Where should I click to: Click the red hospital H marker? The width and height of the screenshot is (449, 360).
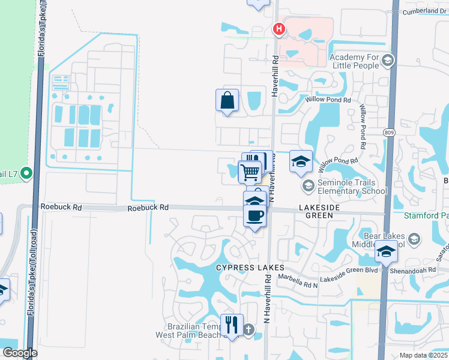click(279, 28)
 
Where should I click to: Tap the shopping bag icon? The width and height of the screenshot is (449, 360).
click(228, 101)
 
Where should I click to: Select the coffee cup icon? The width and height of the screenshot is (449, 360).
click(255, 215)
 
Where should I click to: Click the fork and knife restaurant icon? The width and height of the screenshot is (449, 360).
click(232, 325)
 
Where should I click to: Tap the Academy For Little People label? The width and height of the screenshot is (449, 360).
click(354, 61)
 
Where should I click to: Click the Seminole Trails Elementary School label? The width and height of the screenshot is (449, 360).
click(346, 187)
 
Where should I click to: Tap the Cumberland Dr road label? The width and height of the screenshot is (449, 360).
click(424, 11)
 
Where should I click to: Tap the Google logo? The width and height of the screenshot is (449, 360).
click(20, 353)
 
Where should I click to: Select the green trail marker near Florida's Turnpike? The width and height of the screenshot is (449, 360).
click(26, 174)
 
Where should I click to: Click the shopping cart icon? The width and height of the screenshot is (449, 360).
click(250, 172)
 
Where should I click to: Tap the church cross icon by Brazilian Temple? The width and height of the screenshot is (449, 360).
click(249, 329)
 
